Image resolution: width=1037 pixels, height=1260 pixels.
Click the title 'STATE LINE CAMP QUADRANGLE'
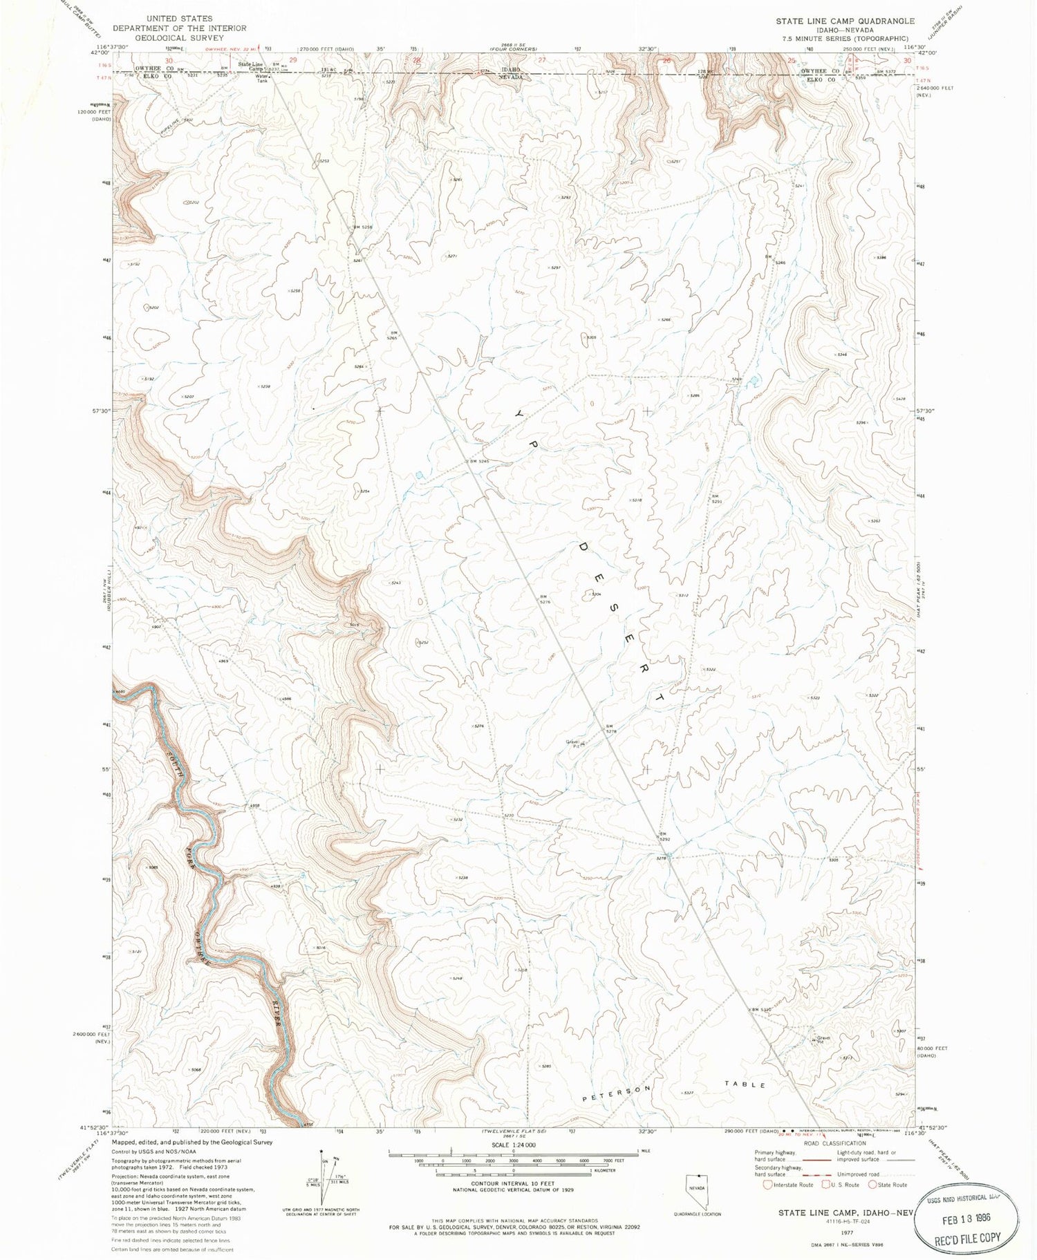tap(844, 21)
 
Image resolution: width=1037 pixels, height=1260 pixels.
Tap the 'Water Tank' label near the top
tap(261, 78)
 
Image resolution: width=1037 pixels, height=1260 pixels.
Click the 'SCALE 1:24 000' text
tap(513, 1145)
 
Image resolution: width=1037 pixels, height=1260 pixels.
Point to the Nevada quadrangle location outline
tap(697, 1191)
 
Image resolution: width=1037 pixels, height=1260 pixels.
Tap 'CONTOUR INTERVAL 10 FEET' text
tap(512, 1183)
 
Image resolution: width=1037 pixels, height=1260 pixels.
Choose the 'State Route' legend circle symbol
tap(872, 1185)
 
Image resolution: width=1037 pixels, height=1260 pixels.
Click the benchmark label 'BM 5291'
tap(717, 498)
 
